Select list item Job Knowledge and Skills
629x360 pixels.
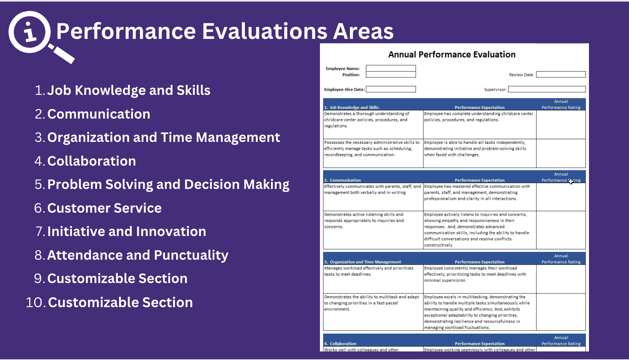[x=128, y=90]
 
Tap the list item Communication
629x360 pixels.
[x=98, y=114]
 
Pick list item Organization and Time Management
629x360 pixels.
[x=163, y=137]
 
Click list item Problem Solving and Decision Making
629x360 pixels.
[x=168, y=184]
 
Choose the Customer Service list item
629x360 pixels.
[x=104, y=208]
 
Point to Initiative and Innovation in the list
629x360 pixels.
[x=126, y=231]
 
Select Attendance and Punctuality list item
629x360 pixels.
[x=138, y=255]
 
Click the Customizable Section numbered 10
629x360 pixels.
[x=120, y=302]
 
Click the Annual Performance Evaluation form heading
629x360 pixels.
[x=452, y=54]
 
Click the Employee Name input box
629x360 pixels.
[x=391, y=68]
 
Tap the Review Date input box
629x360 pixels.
[x=561, y=75]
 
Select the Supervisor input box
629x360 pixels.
[x=547, y=89]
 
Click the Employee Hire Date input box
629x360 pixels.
[x=391, y=89]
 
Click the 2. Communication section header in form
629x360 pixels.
[x=343, y=180]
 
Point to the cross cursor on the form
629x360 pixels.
[x=571, y=181]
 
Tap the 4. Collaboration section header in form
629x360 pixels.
[x=341, y=343]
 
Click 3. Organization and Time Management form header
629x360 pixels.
[x=363, y=262]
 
